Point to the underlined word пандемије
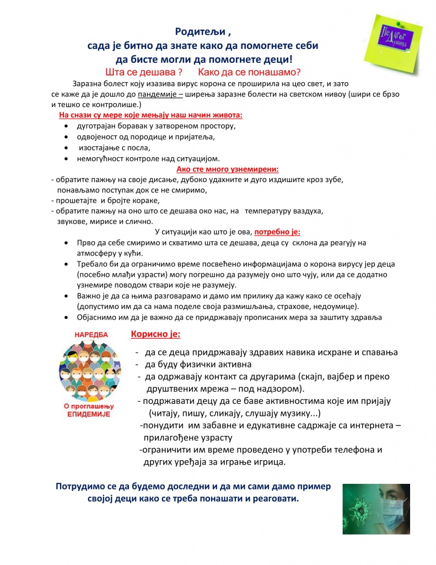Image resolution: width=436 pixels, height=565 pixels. [158, 94]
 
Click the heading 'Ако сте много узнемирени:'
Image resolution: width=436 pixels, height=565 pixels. [227, 169]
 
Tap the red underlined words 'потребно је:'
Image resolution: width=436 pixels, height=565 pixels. [277, 232]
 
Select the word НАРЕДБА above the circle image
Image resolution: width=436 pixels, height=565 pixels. [91, 334]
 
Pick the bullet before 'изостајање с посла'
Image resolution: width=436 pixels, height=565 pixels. [66, 148]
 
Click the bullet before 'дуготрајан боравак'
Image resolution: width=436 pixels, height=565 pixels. [66, 126]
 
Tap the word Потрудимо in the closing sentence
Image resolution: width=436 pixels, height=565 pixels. [82, 487]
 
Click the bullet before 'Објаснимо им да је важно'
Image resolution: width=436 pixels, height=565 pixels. [66, 317]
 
